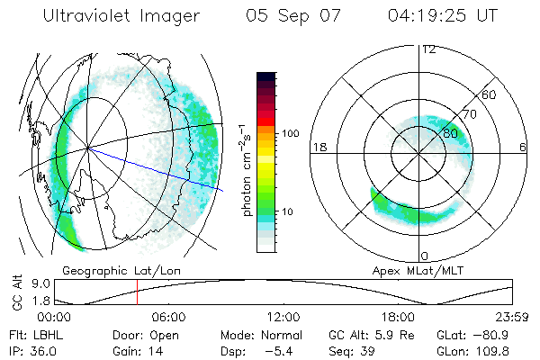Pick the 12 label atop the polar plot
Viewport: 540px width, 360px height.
click(427, 49)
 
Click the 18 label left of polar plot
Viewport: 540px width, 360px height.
click(319, 147)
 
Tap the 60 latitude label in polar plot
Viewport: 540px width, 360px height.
click(490, 94)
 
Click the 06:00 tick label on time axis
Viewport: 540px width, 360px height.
click(168, 317)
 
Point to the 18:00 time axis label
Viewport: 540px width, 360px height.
click(398, 317)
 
